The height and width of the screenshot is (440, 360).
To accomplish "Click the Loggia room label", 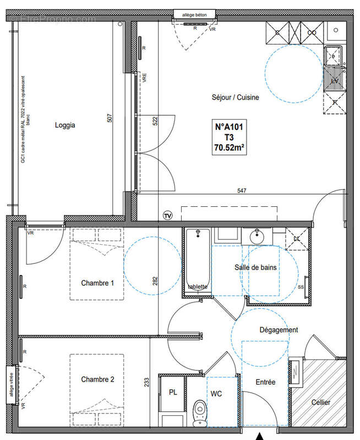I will tap(65, 125).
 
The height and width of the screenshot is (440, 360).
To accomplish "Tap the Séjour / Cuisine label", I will tap(235, 97).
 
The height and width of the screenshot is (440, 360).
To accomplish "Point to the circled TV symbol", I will tap(168, 215).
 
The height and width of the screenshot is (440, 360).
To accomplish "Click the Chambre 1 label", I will tap(97, 283).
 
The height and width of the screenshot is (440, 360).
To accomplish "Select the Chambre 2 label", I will tap(97, 380).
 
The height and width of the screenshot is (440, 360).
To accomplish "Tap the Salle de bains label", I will tap(255, 267).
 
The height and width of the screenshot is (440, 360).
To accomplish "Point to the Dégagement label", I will tap(279, 330).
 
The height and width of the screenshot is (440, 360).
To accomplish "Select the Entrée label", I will tap(265, 382).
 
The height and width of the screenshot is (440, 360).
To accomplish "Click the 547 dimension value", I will tap(241, 191).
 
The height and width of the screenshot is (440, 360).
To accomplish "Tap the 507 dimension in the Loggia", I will tap(110, 118).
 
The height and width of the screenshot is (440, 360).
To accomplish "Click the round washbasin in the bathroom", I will tap(257, 237).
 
